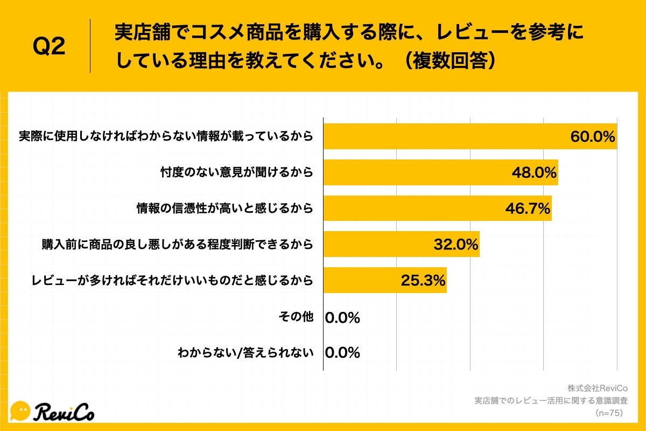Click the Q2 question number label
click(49, 47)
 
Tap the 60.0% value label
click(592, 137)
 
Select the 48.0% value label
click(533, 172)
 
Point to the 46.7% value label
click(527, 208)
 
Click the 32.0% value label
click(455, 245)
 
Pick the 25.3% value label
click(423, 280)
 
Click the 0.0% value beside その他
click(342, 318)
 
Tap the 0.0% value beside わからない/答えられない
click(342, 353)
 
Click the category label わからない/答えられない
click(245, 353)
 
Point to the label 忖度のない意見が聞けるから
click(237, 172)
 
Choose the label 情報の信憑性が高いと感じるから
click(224, 208)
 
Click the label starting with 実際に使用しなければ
click(165, 136)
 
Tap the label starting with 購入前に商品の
click(177, 245)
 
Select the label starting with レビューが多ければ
click(172, 280)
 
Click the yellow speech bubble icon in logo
click(20, 411)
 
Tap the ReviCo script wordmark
click(64, 412)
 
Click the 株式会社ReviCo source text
click(598, 388)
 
